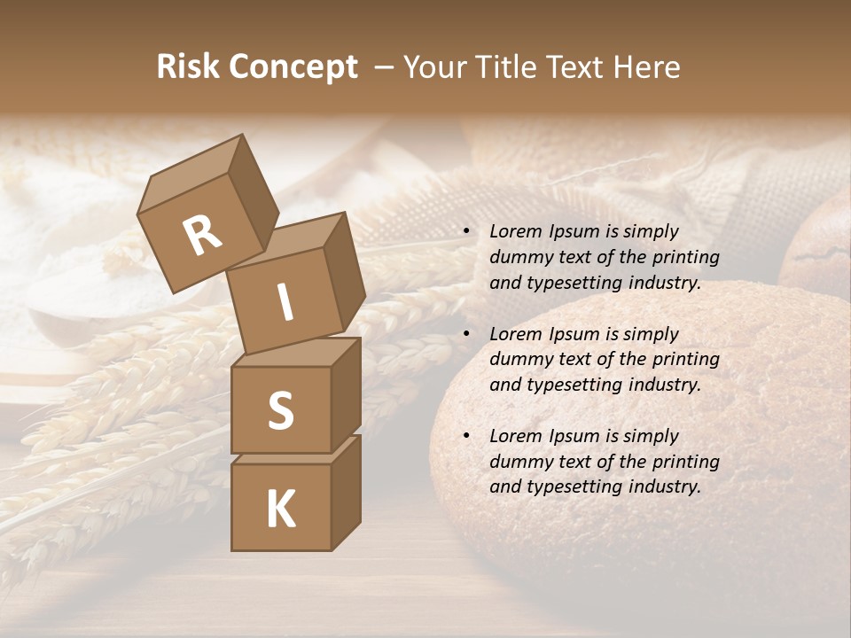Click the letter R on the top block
[202, 235]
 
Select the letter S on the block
[280, 409]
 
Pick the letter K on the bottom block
[280, 509]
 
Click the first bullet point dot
[465, 232]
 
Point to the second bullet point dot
[465, 334]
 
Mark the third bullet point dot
[465, 436]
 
